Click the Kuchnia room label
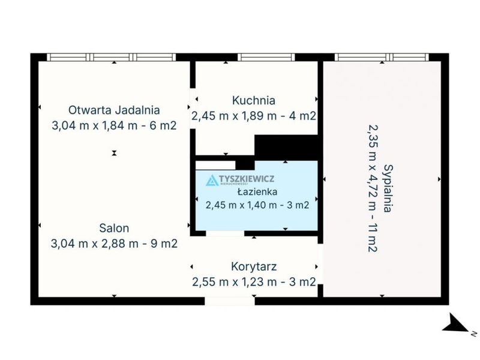click(x=253, y=100)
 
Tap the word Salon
click(x=114, y=228)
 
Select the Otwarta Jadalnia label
click(x=114, y=110)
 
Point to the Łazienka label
click(x=257, y=192)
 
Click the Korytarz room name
click(x=254, y=266)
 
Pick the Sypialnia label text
click(x=388, y=188)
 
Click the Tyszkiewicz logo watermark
click(x=239, y=180)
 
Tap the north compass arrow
click(x=456, y=323)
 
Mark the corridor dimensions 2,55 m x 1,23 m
click(x=235, y=281)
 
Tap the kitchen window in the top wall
click(x=266, y=57)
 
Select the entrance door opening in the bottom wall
click(x=230, y=301)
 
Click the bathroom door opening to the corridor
click(x=225, y=233)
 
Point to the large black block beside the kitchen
click(x=286, y=148)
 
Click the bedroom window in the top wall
click(x=382, y=57)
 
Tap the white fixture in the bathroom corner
click(x=215, y=166)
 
